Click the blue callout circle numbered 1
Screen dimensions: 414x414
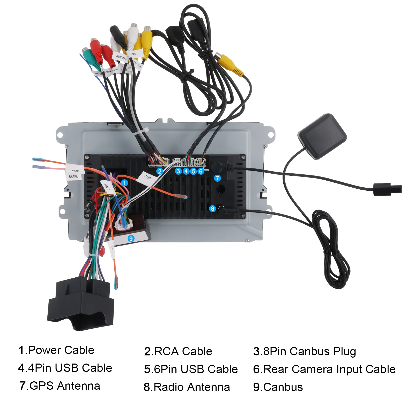tap(124, 183)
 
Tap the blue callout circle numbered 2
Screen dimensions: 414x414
tap(160, 171)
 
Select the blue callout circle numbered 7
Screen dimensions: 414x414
tap(217, 178)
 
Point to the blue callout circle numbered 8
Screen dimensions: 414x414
tap(212, 209)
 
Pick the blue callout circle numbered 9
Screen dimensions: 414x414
tap(131, 238)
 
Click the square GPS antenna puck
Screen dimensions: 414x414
tap(322, 136)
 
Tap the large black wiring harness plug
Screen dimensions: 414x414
tap(81, 304)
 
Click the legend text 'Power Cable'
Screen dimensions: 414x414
tap(61, 350)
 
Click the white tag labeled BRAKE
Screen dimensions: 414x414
tap(73, 176)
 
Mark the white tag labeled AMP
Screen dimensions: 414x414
tap(75, 171)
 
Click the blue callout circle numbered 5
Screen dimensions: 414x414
tap(193, 171)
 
